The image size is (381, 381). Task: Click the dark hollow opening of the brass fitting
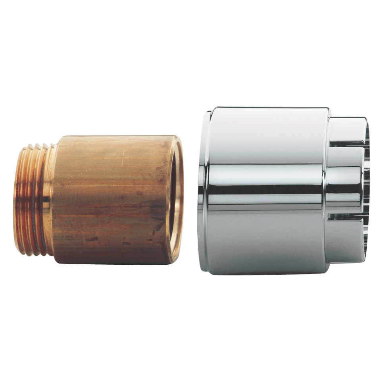173,198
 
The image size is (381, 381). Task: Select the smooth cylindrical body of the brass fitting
111,198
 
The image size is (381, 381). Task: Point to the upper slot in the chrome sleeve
349,144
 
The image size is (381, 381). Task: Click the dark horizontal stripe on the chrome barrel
266,189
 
